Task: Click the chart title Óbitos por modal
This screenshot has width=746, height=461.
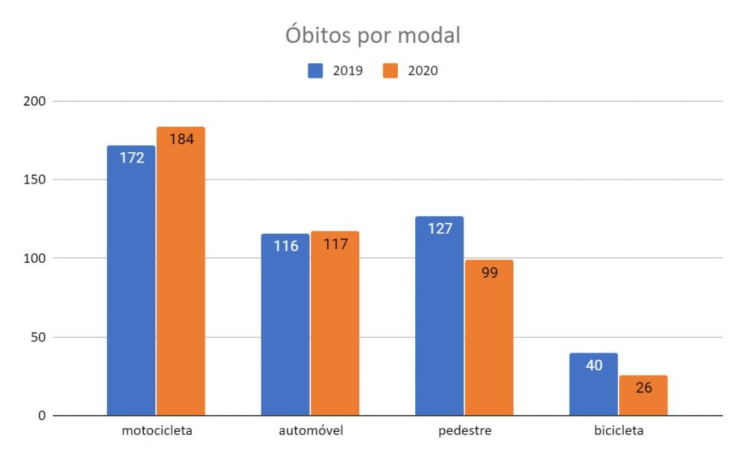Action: pos(372,35)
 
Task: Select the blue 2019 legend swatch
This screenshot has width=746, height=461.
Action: pos(315,71)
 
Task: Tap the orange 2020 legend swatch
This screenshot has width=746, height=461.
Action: pos(390,71)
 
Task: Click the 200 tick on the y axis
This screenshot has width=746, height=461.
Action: pos(38,101)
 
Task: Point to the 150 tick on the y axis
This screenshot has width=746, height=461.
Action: pos(38,180)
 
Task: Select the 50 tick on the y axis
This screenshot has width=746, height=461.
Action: pos(41,337)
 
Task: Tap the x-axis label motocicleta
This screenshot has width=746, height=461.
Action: pos(157,430)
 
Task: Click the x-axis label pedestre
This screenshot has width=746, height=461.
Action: pos(465,430)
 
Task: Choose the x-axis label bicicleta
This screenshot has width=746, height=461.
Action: pos(619,430)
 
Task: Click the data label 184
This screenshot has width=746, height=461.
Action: pos(181,139)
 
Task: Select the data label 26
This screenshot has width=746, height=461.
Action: pos(643,387)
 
